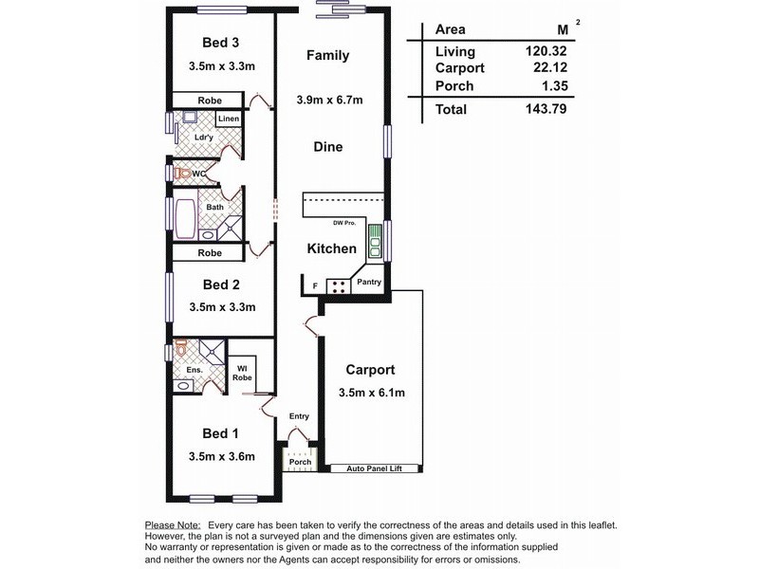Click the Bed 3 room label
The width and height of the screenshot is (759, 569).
222,42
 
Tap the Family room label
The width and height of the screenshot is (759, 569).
327,55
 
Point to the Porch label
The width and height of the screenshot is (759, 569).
300,462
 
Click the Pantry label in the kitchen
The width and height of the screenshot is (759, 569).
370,282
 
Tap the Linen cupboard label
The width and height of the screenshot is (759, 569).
228,119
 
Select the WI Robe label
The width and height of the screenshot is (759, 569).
243,372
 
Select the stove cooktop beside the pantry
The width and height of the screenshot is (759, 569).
339,284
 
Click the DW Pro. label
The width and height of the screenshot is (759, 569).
344,223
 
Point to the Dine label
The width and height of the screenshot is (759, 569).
327,147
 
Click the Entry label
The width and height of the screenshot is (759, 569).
299,416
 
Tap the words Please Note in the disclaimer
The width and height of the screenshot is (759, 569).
172,524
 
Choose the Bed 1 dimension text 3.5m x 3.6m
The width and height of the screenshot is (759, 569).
222,455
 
